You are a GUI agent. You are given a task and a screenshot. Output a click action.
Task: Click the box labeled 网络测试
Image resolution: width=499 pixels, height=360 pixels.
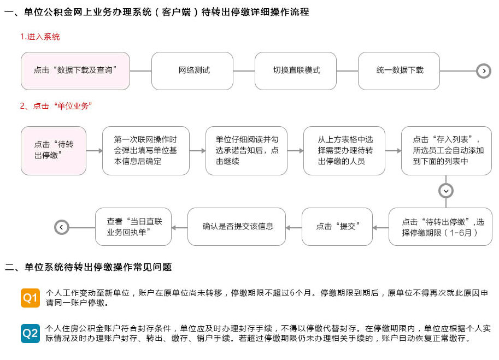192,71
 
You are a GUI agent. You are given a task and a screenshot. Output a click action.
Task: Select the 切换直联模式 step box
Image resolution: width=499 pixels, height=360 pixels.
296,71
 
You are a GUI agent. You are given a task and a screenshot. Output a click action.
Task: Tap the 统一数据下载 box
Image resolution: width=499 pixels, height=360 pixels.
399,71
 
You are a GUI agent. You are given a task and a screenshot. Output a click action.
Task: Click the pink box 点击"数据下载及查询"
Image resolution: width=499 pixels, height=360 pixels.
75,71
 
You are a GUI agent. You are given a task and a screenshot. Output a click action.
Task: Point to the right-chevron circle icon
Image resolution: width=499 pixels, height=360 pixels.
484,71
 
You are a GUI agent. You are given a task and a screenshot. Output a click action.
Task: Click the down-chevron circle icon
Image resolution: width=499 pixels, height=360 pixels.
446,191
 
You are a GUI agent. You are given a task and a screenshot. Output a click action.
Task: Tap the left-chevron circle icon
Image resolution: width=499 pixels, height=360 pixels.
62,227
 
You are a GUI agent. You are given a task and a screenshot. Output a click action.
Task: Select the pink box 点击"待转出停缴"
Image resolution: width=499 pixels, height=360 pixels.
54,151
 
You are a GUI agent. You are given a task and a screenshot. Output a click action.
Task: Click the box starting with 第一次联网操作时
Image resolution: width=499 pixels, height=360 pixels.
146,151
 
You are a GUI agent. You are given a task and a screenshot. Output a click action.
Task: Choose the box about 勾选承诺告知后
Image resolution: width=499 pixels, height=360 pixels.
246,151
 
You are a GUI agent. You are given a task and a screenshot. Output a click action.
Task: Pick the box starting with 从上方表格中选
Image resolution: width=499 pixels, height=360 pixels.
344,151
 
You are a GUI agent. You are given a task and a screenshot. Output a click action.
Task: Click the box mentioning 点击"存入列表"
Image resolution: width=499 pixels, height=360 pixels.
447,151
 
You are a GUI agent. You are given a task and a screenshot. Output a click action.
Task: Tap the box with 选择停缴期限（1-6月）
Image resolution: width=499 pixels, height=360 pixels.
441,227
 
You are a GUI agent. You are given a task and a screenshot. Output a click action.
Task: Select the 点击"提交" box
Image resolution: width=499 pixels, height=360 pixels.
337,227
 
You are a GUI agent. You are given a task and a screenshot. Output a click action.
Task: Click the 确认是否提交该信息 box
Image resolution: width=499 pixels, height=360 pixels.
237,227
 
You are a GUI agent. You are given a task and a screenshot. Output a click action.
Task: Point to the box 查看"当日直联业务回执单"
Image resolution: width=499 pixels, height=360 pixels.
133,227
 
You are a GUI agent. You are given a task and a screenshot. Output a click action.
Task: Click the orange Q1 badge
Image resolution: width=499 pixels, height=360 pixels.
30,298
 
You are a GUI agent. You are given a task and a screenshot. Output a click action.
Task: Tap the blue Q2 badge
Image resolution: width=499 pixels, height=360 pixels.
30,333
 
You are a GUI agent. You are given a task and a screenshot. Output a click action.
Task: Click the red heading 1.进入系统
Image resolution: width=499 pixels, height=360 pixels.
40,37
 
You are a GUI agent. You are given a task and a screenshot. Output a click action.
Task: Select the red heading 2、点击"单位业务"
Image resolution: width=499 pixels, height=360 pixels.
56,106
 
